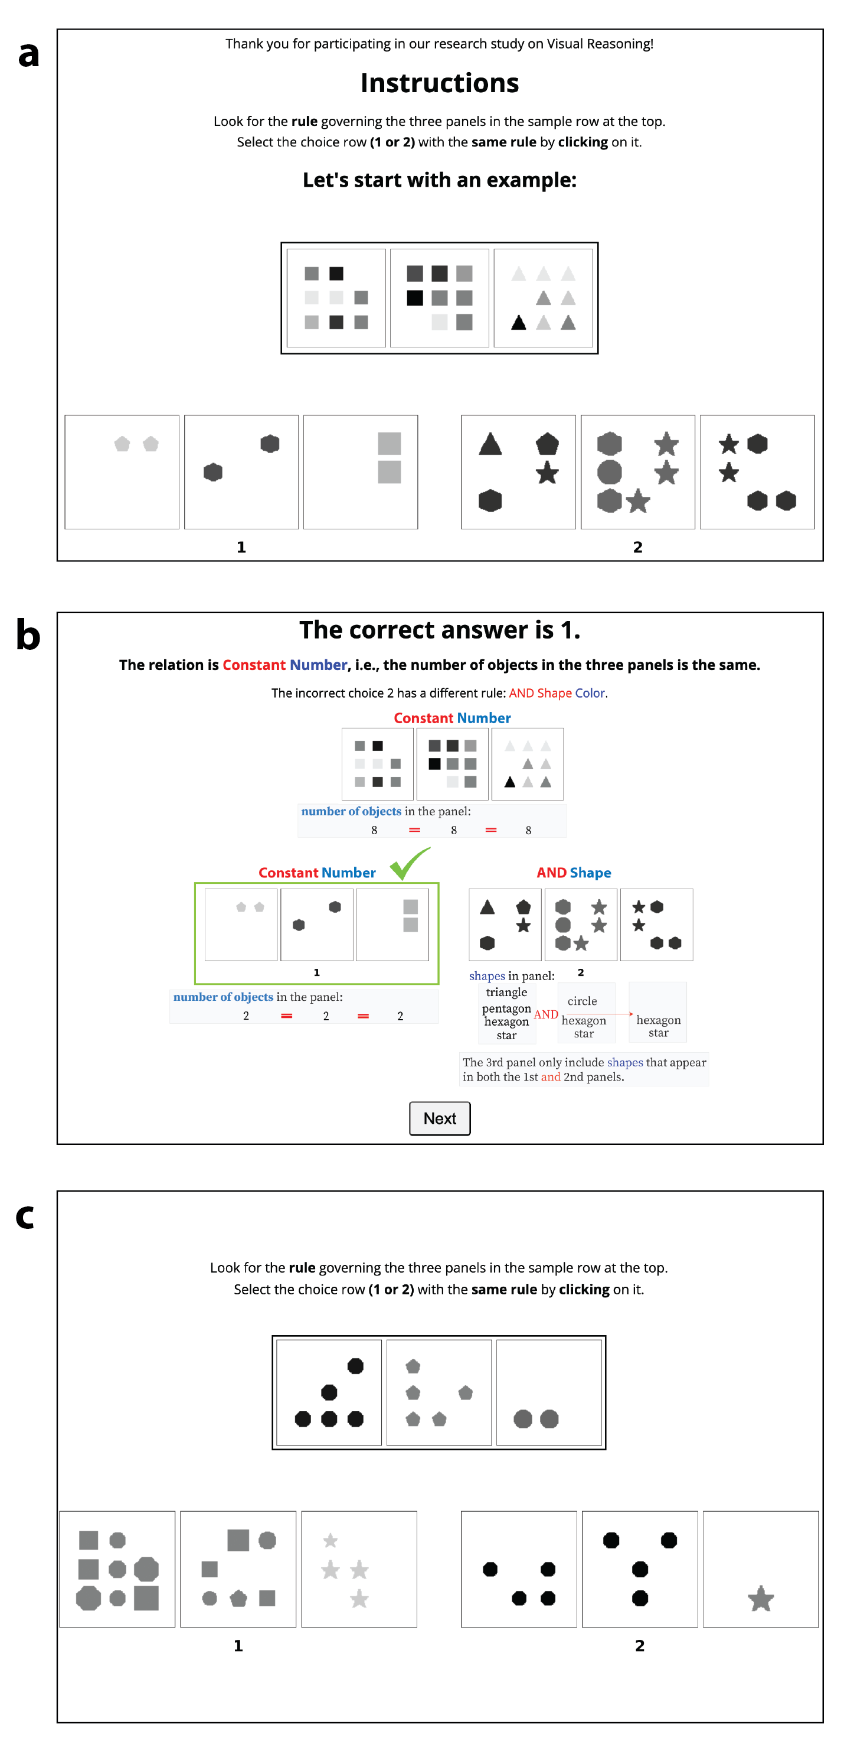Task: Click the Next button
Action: [x=439, y=1118]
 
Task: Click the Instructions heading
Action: [x=439, y=83]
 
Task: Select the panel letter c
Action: [x=25, y=1216]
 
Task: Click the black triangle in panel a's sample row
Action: [x=518, y=323]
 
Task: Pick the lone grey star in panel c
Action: [x=761, y=1599]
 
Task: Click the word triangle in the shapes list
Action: [x=506, y=992]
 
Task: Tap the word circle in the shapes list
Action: [x=582, y=1001]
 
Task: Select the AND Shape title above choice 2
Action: [x=573, y=872]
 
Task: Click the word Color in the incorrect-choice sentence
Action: [x=590, y=692]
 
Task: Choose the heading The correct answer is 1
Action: [x=439, y=630]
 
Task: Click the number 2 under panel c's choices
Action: [x=639, y=1645]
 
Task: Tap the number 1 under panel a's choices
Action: [x=241, y=547]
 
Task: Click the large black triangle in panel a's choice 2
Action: [x=490, y=445]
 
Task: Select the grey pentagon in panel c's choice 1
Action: [x=238, y=1599]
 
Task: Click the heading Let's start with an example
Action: [x=439, y=180]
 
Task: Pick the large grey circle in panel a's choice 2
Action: [x=609, y=472]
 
